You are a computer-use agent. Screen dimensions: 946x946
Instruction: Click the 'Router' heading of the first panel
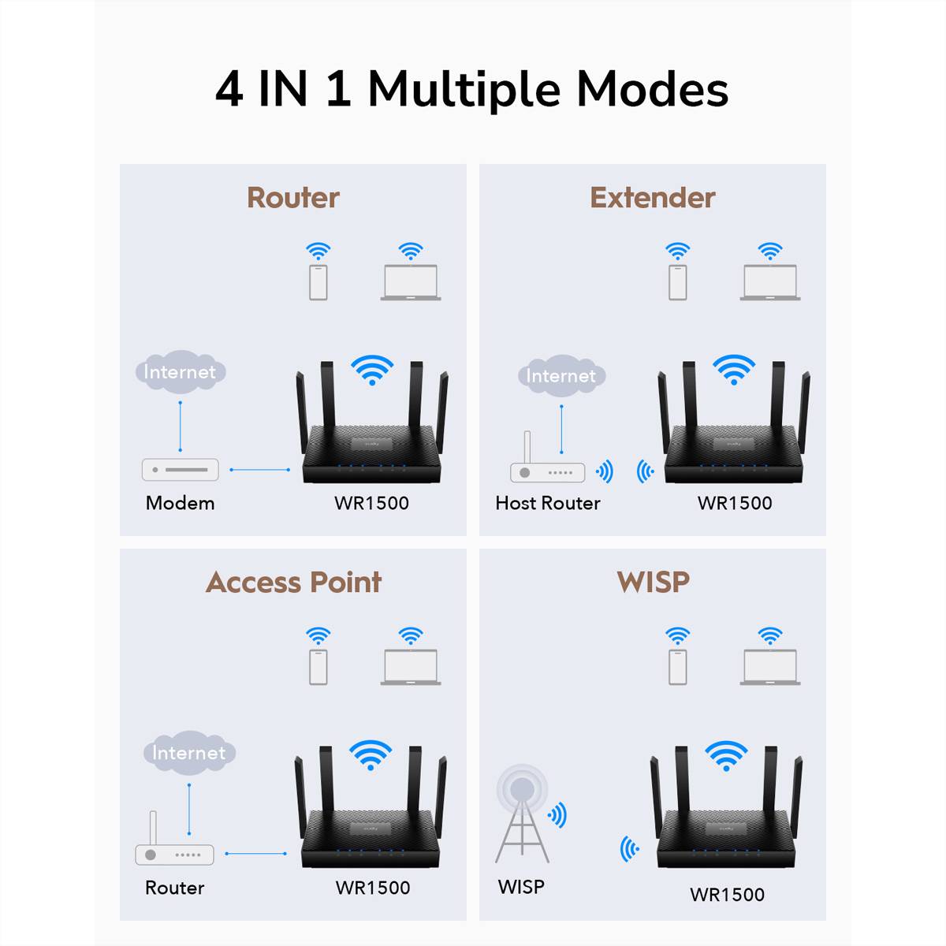[x=293, y=198]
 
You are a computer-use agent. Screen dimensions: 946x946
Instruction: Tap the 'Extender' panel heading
[x=653, y=198]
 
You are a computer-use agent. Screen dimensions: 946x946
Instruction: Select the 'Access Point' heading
[x=293, y=583]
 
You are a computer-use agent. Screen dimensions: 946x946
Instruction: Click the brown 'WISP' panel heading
[x=653, y=583]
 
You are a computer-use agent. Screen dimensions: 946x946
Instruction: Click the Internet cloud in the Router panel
[x=180, y=371]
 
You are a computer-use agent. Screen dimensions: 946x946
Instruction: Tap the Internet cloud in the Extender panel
[x=561, y=376]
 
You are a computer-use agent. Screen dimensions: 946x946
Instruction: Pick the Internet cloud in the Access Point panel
[x=188, y=753]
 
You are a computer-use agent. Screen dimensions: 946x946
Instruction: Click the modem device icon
[x=180, y=469]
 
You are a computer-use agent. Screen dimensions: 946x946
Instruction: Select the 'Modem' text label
[x=180, y=503]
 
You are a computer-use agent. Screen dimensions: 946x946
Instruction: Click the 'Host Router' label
[x=548, y=503]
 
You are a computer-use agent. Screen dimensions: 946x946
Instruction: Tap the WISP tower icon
[x=522, y=816]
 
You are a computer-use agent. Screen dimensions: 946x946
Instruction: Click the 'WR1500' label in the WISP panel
[x=727, y=895]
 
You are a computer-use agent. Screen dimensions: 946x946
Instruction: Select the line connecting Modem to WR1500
[x=260, y=470]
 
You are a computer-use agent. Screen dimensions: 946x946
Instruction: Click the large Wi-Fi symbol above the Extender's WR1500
[x=733, y=369]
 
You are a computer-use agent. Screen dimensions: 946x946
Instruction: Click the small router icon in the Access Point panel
[x=174, y=851]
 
